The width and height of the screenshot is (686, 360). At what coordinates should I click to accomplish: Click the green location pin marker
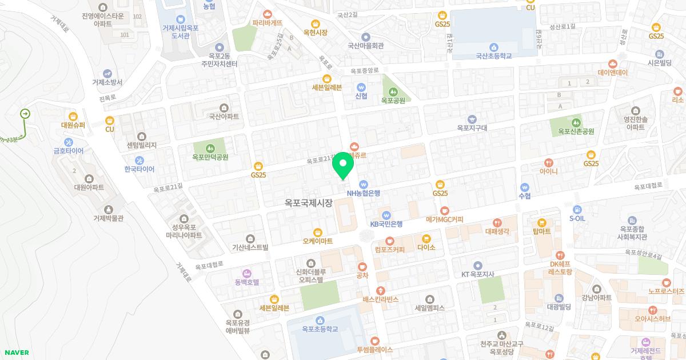[x=343, y=165]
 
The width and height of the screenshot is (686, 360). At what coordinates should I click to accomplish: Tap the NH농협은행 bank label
[x=363, y=193]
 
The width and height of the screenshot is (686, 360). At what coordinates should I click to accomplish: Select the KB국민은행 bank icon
[x=386, y=215]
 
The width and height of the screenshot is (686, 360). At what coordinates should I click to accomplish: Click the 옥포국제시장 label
[x=309, y=202]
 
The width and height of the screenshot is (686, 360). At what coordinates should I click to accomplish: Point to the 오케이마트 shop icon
[x=318, y=232]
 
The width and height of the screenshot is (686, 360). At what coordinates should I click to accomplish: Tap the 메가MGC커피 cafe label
[x=444, y=219]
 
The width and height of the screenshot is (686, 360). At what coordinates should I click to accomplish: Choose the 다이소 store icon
[x=426, y=238]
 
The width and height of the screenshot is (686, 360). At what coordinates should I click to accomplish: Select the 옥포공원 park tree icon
[x=393, y=91]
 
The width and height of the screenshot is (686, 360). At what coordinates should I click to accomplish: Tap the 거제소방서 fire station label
[x=107, y=82]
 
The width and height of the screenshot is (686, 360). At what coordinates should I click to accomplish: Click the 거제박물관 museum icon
[x=109, y=209]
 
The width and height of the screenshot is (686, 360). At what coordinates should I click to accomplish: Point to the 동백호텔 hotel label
[x=246, y=282]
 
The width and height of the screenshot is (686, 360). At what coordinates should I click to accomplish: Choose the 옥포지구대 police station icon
[x=472, y=119]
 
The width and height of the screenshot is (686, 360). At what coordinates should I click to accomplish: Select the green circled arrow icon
[x=25, y=114]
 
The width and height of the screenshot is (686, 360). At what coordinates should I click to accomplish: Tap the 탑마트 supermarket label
[x=541, y=231]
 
